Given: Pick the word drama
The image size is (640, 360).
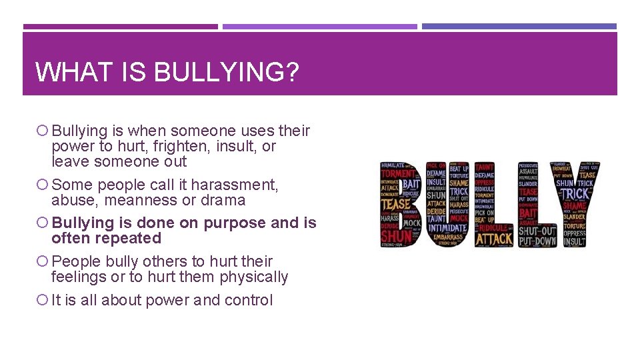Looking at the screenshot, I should [x=225, y=200].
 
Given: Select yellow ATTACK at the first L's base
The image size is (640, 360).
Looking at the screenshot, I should [x=494, y=238].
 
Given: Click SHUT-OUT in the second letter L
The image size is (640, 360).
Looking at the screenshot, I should [x=537, y=231].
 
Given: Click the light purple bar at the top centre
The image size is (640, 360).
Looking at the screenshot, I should [x=320, y=27].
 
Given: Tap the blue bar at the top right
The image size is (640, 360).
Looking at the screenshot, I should [x=519, y=27].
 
